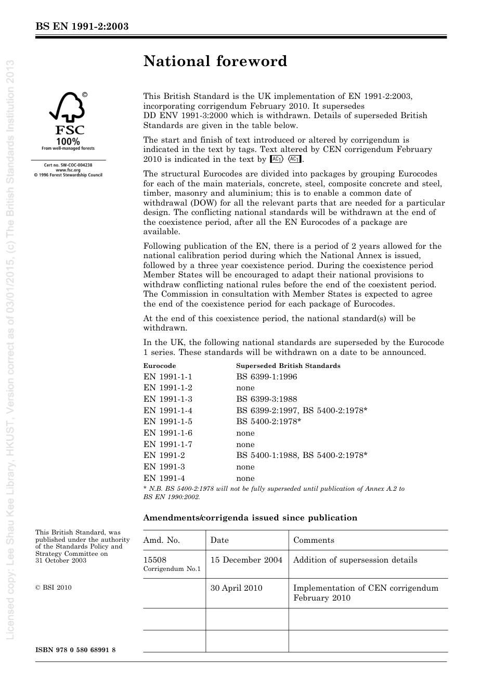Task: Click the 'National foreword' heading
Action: click(x=215, y=61)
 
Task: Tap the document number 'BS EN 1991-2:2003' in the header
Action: click(x=82, y=27)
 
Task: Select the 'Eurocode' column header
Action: click(x=160, y=366)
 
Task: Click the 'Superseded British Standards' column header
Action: click(x=288, y=366)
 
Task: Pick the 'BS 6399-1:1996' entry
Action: click(x=267, y=377)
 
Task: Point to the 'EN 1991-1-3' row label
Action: click(x=168, y=399)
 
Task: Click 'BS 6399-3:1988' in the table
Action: click(x=267, y=399)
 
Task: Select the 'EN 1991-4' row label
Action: click(x=164, y=478)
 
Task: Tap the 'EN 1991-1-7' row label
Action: click(x=168, y=444)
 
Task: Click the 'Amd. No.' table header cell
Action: click(x=162, y=540)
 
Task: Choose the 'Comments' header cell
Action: click(x=314, y=540)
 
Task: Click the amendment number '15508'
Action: click(x=155, y=560)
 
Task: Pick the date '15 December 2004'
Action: click(x=246, y=560)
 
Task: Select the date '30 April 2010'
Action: click(x=237, y=588)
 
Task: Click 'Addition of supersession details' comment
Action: click(x=355, y=560)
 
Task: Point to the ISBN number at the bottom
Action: click(x=75, y=650)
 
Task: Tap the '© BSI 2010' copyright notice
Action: click(x=54, y=588)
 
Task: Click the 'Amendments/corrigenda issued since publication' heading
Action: click(x=250, y=518)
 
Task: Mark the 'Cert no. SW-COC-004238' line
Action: click(x=68, y=165)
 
